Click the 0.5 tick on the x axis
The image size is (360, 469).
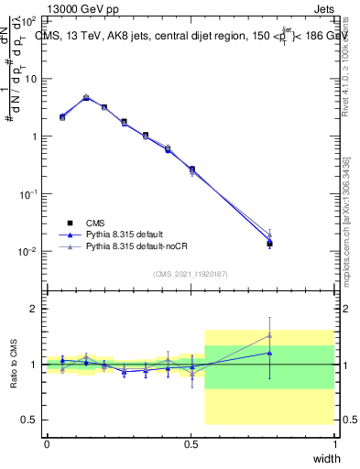[x=191, y=444]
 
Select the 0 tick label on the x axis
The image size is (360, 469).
[x=47, y=444]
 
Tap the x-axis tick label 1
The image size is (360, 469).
[x=334, y=444]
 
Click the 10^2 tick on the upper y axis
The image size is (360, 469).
[x=30, y=21]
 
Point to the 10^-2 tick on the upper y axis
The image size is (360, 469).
[x=28, y=252]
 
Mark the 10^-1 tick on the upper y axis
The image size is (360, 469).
[x=28, y=194]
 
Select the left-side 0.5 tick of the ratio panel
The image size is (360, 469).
[x=32, y=420]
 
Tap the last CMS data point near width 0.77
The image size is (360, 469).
[x=269, y=243]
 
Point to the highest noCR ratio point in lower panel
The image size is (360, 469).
[x=269, y=334]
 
